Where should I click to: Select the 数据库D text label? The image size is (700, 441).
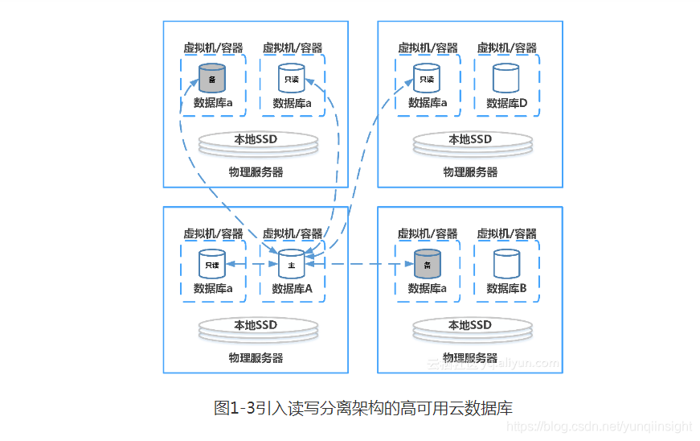point(507,103)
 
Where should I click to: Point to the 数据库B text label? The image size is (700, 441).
point(506,288)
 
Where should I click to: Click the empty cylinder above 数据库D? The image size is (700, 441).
point(506,78)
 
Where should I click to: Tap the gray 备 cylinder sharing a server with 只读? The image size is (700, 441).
point(212,78)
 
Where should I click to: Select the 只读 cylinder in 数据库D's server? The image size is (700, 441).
point(427,78)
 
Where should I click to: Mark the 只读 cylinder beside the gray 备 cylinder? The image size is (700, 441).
point(291,78)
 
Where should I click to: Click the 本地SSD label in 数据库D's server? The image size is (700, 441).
point(470,139)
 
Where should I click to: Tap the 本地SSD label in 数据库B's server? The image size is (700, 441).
point(470,325)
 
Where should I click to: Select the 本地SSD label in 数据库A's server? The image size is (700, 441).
point(256,325)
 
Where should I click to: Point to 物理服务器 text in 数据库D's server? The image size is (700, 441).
point(470,172)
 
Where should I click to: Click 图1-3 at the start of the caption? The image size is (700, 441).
point(234,408)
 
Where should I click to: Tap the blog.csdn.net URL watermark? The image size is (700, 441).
point(602,427)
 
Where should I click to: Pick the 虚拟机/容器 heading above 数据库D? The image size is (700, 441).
point(507,48)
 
